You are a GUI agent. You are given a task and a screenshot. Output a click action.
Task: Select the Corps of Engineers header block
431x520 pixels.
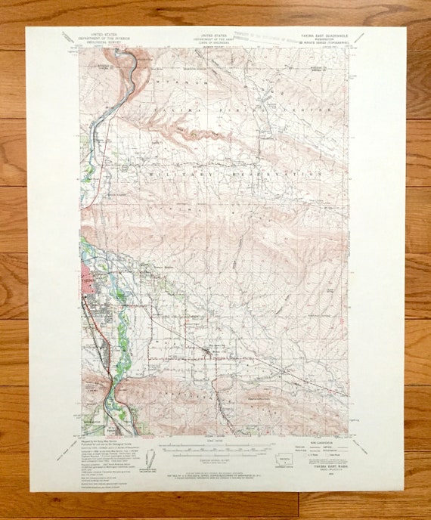point(215,39)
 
